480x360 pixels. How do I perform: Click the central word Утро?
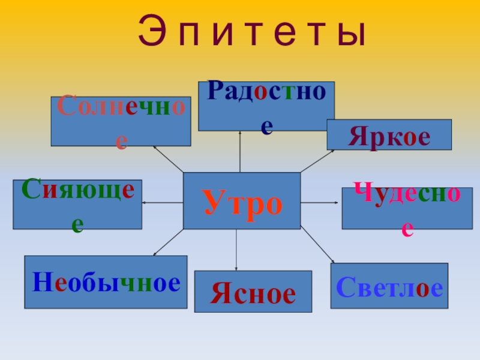coord(242,203)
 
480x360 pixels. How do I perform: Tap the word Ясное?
coord(253,293)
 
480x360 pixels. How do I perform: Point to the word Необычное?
coord(106,283)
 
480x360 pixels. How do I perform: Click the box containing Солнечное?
coord(121,122)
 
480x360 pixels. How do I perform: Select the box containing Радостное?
coord(266,106)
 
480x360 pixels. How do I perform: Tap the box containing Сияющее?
coord(77,205)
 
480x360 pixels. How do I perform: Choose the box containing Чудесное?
coord(407,208)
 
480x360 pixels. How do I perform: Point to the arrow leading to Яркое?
coord(317,161)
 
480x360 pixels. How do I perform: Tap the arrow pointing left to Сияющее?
coord(162,203)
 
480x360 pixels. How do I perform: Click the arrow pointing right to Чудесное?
coord(320,203)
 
